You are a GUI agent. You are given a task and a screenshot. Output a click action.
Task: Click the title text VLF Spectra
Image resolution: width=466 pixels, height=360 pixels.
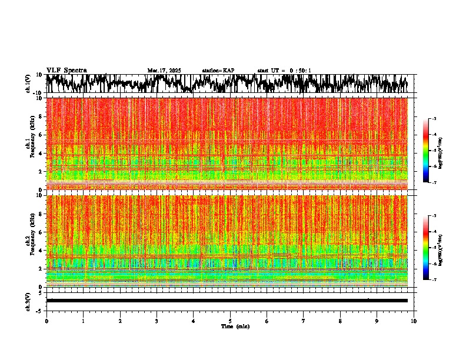click(66, 71)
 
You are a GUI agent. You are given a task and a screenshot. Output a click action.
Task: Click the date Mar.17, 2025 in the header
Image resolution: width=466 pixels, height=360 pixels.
click(164, 71)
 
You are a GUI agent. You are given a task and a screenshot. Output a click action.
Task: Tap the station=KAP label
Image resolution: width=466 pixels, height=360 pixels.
click(218, 71)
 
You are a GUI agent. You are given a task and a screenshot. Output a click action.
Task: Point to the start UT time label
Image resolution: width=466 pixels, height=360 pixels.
click(284, 71)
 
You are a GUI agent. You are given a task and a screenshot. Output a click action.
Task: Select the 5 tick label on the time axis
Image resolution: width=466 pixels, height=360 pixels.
click(230, 321)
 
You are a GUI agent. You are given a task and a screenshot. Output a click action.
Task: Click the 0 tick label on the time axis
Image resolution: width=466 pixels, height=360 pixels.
click(46, 321)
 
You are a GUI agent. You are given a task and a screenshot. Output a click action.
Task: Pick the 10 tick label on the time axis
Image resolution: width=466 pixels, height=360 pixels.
click(414, 321)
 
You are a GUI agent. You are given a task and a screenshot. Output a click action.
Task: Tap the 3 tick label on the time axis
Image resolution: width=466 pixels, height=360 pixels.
click(157, 321)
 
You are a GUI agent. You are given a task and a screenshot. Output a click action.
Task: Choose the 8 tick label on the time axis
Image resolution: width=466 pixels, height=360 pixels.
click(340, 321)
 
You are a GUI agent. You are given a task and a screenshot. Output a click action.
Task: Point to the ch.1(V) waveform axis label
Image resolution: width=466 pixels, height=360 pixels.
click(28, 84)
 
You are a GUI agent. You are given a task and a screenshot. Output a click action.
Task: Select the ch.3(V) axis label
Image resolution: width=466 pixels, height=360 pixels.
click(28, 301)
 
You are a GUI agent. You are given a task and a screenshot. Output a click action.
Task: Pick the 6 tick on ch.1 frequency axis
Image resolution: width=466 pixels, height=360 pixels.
click(42, 135)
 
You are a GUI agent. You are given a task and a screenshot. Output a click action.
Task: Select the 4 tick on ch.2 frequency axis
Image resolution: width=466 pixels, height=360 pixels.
click(42, 250)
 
